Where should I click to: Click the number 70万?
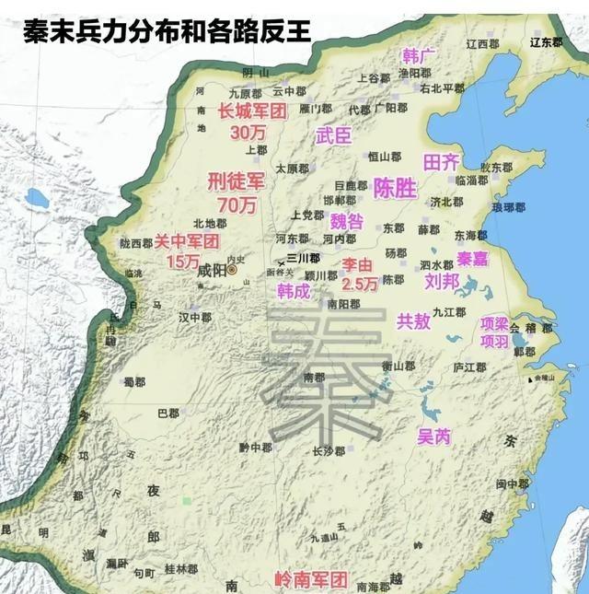point(237,204)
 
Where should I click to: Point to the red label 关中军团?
point(187,241)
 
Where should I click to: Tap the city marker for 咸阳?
point(233,272)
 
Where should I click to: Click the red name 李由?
point(359,265)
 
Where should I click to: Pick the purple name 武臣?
point(333,136)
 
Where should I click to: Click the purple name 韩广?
point(419,55)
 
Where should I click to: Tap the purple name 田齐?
point(440,162)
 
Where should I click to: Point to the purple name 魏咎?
point(346,221)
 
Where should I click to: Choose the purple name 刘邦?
point(443,282)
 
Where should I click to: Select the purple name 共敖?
point(413,321)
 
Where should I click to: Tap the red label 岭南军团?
point(311,580)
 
